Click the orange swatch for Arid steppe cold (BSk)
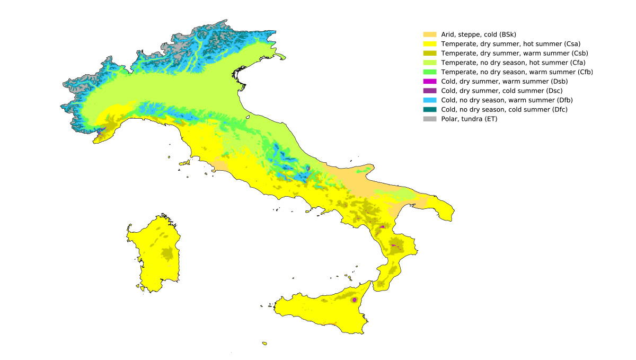coord(429,34)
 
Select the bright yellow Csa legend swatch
coord(429,44)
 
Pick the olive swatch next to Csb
coord(429,54)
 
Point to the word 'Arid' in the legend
coord(448,34)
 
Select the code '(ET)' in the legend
coord(490,119)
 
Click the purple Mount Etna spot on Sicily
coord(354,300)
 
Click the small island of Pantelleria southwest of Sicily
coord(264,343)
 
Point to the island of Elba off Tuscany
coord(185,163)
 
